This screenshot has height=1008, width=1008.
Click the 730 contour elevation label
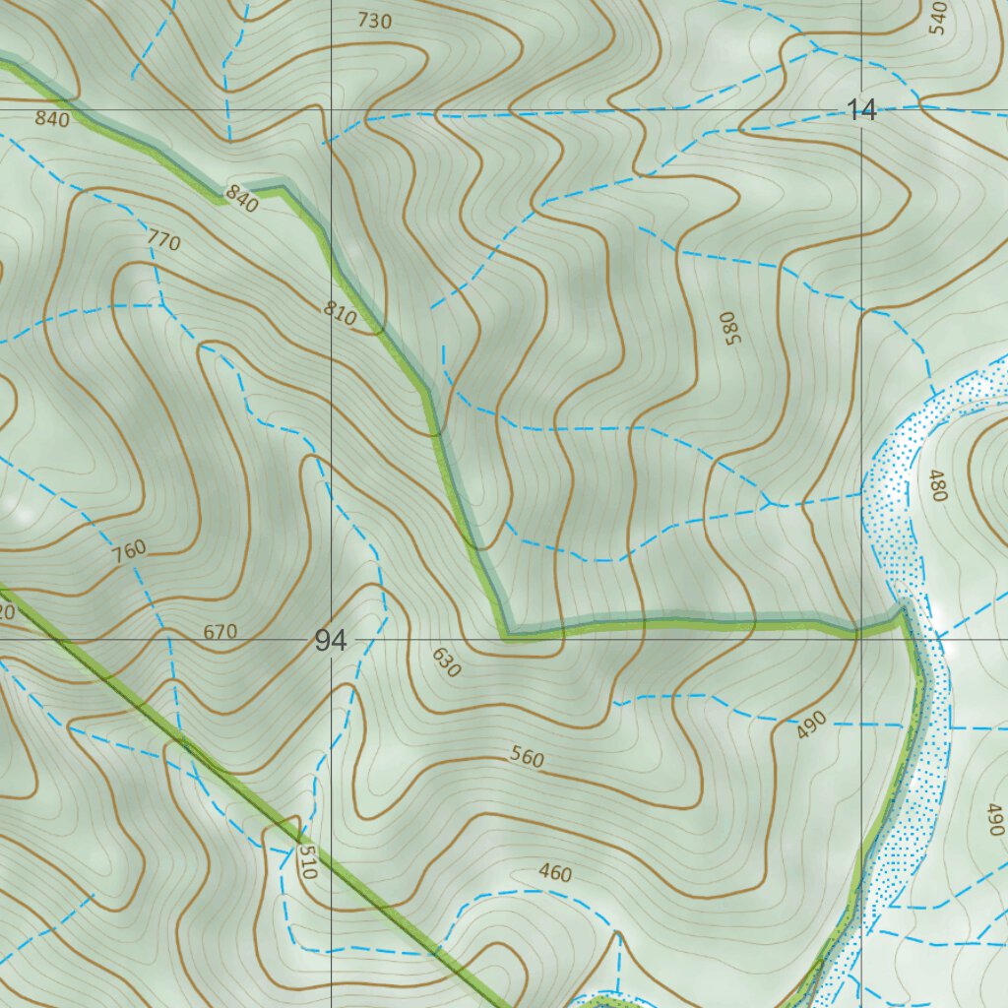[x=374, y=20]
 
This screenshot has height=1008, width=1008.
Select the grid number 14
[x=861, y=111]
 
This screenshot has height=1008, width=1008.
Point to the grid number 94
[x=331, y=642]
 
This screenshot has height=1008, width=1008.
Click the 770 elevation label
[x=163, y=239]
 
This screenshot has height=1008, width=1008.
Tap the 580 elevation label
[x=728, y=328]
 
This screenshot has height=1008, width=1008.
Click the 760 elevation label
[x=129, y=549]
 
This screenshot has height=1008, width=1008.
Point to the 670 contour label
[x=220, y=632]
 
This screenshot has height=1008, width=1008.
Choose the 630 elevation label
[x=446, y=662]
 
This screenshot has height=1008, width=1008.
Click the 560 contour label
[x=528, y=757]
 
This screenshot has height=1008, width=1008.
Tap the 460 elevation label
[x=555, y=872]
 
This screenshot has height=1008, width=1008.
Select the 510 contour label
[x=307, y=860]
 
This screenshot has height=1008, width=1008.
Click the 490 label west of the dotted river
[x=811, y=725]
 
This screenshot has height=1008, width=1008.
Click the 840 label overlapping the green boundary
[x=241, y=199]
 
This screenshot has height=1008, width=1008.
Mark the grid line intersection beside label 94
[x=331, y=638]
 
